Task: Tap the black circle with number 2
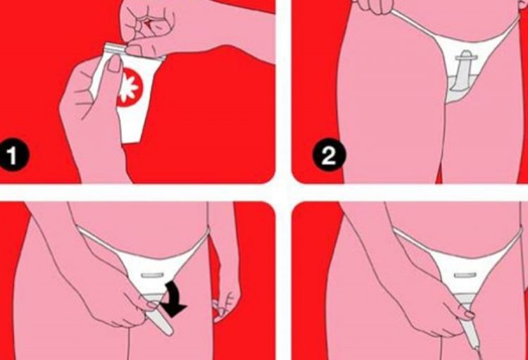[329, 155]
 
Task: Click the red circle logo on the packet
[130, 87]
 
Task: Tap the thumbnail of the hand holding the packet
[115, 63]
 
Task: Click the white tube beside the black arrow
[159, 322]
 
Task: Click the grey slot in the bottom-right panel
[465, 275]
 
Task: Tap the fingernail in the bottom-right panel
[470, 315]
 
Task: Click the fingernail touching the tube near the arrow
[152, 305]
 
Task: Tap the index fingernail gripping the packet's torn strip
[134, 49]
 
